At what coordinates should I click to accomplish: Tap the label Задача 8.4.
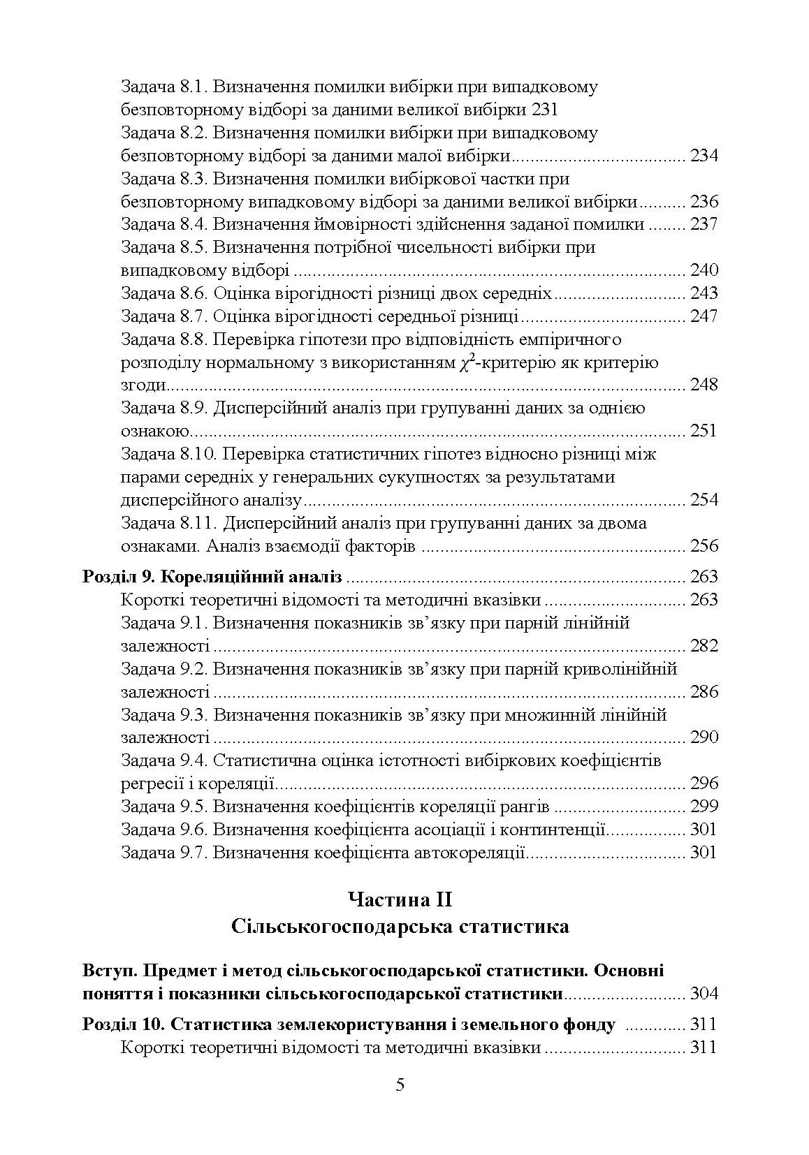pos(163,225)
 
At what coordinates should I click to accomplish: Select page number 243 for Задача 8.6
pos(704,293)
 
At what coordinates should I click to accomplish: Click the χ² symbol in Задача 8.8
pos(467,362)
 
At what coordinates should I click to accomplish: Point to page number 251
pos(704,431)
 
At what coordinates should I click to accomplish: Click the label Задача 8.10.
pos(168,455)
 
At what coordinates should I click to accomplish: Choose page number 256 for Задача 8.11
pos(704,546)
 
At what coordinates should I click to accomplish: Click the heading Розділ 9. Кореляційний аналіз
pos(212,577)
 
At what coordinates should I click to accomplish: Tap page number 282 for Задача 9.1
pos(704,646)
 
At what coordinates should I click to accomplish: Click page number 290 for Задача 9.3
pos(704,738)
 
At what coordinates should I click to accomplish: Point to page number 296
pos(704,784)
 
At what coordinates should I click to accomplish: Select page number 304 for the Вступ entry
pos(704,994)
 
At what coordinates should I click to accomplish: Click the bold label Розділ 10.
pos(122,1025)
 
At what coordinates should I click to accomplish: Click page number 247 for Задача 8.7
pos(704,316)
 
